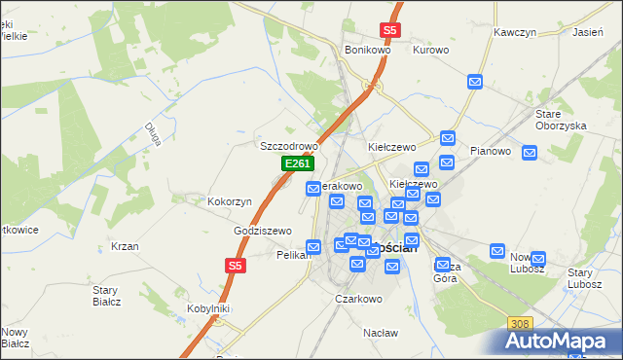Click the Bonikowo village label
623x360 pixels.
coord(368,50)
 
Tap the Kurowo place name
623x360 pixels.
coord(430,50)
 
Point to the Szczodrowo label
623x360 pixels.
coord(288,146)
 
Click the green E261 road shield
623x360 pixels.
coord(297,165)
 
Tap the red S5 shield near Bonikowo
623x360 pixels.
coord(389,30)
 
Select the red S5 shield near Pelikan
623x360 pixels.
coord(235,265)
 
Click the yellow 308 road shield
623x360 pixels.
coord(520,323)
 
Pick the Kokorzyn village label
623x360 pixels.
coord(230,201)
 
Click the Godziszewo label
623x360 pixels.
coord(263,231)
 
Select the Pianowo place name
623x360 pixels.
coord(491,151)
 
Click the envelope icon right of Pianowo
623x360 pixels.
coord(530,153)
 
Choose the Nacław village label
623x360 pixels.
coord(381,333)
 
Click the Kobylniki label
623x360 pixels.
coord(207,308)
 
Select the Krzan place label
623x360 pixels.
coord(124,246)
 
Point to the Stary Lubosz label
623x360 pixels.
coord(587,278)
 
